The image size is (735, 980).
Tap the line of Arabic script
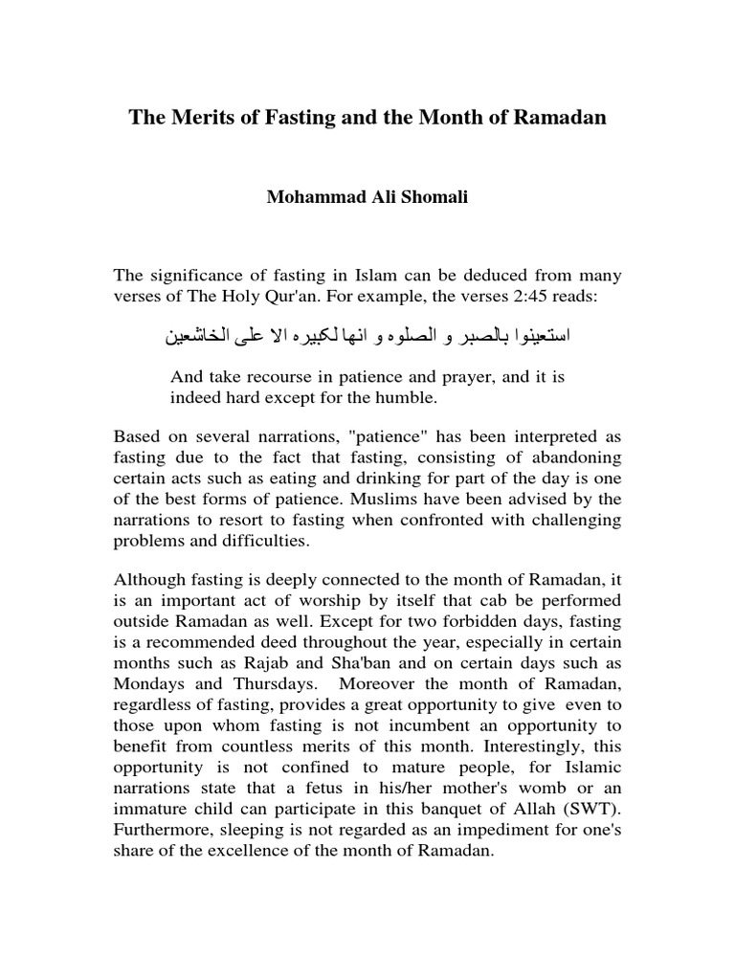tap(368, 336)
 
